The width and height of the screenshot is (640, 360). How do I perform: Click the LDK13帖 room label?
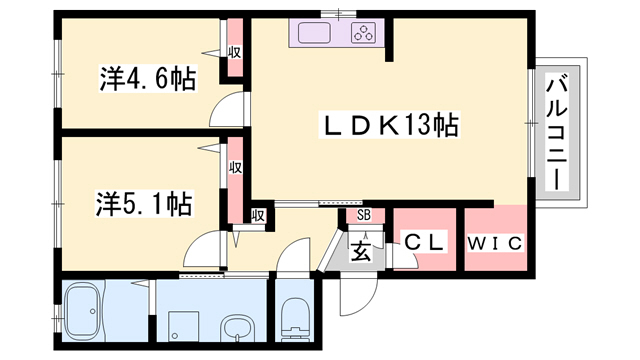pyautogui.click(x=389, y=125)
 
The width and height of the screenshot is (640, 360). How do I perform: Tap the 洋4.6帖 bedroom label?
pyautogui.click(x=148, y=78)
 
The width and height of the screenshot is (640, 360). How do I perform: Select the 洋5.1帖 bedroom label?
pyautogui.click(x=144, y=203)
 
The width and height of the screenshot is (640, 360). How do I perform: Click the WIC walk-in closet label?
pyautogui.click(x=495, y=244)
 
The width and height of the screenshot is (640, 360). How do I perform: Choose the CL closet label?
pyautogui.click(x=424, y=242)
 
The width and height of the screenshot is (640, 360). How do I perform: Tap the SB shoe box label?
pyautogui.click(x=364, y=215)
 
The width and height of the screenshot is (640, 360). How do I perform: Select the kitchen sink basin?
pyautogui.click(x=314, y=33)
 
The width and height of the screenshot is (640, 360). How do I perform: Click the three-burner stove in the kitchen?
pyautogui.click(x=364, y=33)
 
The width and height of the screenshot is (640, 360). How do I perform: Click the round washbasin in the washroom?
pyautogui.click(x=238, y=327)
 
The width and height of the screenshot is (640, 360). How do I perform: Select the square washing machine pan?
pyautogui.click(x=184, y=327)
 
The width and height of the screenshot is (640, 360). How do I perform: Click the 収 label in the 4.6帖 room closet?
pyautogui.click(x=235, y=52)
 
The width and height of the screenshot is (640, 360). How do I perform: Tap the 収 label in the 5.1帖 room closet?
pyautogui.click(x=236, y=167)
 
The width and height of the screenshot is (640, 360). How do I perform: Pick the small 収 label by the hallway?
pyautogui.click(x=258, y=215)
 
